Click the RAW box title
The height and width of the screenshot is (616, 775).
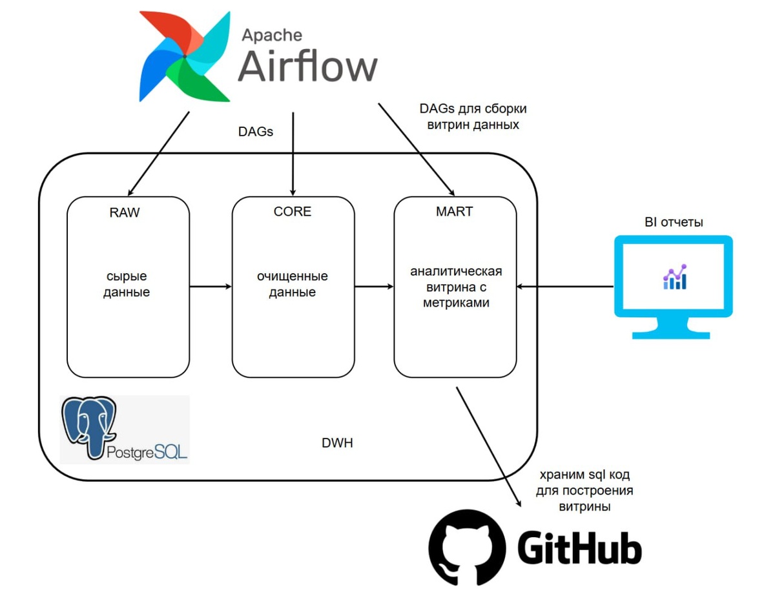tap(125, 212)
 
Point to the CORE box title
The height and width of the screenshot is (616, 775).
tap(293, 212)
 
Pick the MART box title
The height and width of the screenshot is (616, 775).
tap(455, 212)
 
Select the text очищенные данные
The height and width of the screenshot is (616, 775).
tap(293, 284)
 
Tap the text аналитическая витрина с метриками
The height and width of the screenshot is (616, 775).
tap(456, 287)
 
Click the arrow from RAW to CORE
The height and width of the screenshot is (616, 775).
tap(211, 286)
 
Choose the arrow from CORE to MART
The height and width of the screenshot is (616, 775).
tap(375, 286)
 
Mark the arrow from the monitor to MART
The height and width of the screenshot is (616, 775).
tap(565, 286)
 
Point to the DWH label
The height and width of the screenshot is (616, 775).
tap(337, 444)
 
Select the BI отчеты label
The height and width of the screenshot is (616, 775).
tap(674, 223)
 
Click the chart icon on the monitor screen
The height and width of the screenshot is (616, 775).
tap(674, 277)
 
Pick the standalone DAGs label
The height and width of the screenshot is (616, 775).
tap(256, 132)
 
